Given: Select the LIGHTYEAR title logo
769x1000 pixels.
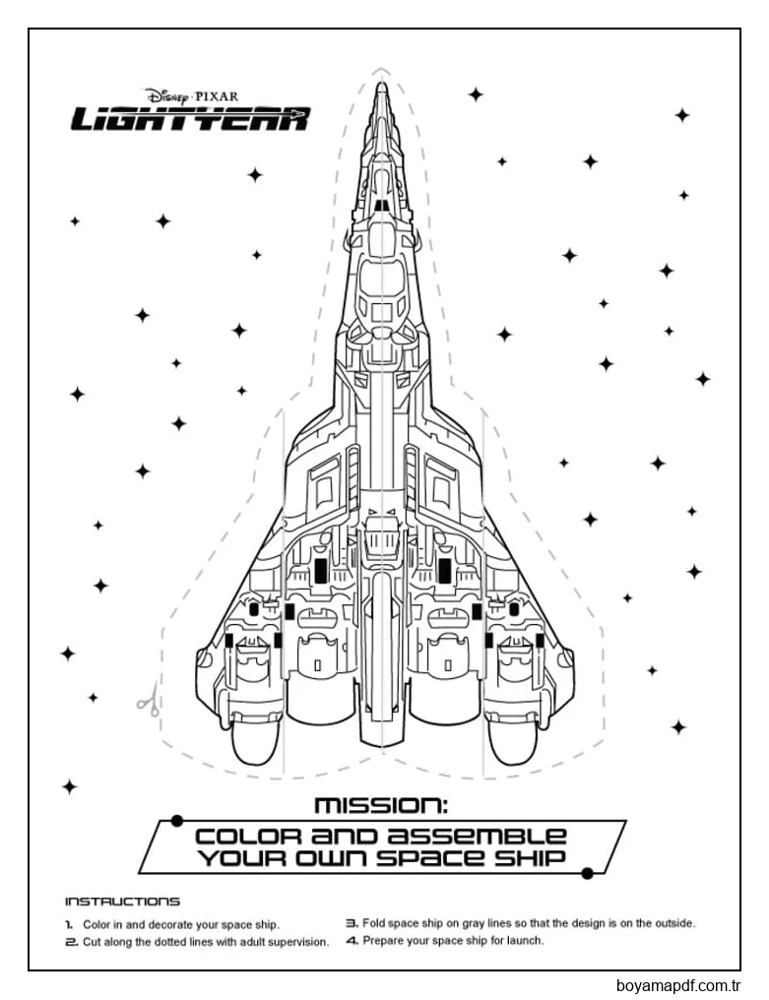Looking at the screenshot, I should coord(190,120).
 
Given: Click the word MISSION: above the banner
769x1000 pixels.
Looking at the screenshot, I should coord(380,805).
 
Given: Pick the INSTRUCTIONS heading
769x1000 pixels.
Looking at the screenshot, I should coord(122,901).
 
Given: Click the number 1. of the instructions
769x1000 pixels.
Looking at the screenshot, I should coord(69,925).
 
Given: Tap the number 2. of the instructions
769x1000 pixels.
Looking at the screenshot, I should coord(70,942).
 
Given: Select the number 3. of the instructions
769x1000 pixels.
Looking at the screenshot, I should coord(351,924).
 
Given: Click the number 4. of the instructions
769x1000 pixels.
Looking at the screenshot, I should coord(351,941).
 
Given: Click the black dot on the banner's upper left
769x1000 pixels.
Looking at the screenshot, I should coord(175,819).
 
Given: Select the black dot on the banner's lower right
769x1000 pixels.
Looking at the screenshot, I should coord(587,872).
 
